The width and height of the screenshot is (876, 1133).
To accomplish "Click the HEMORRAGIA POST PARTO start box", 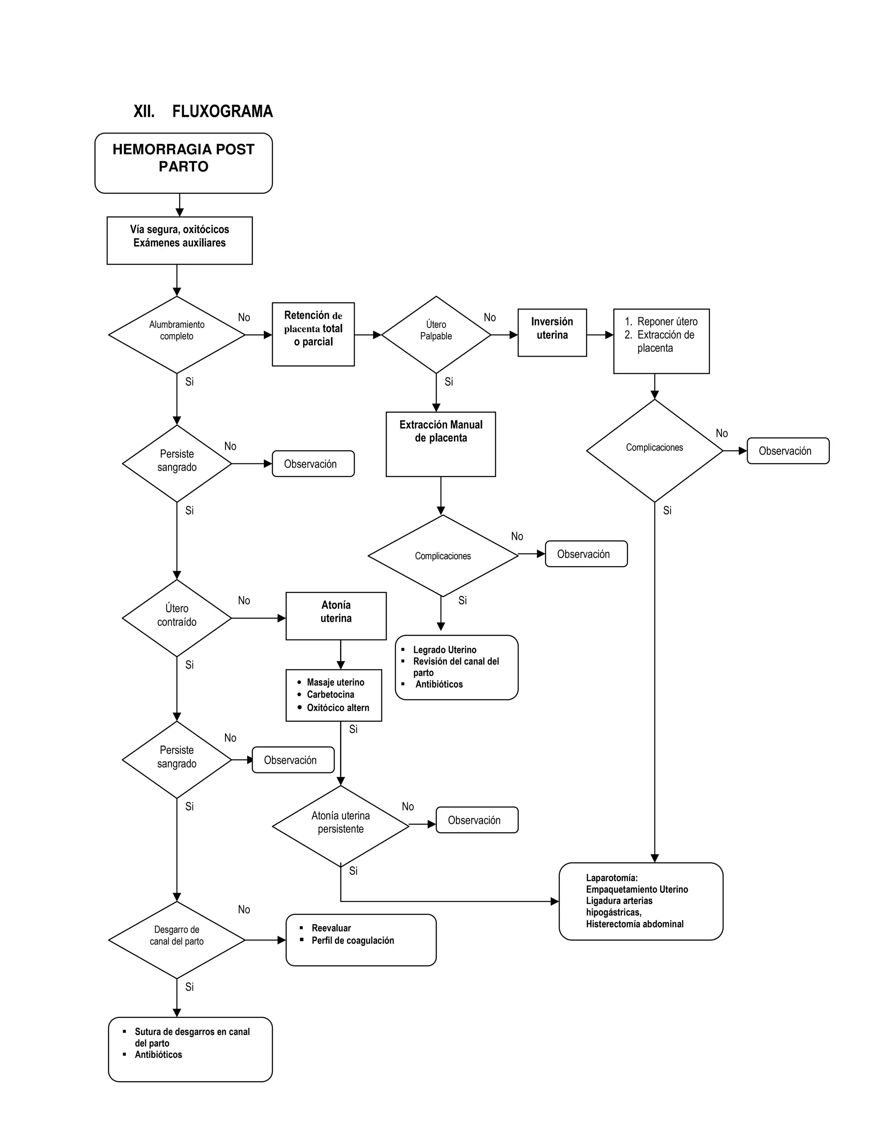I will [x=183, y=163].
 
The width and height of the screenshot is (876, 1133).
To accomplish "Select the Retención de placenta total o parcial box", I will [x=313, y=333].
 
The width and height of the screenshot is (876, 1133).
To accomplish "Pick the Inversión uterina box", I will [x=552, y=332].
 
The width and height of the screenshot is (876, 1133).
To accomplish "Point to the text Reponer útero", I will [x=667, y=321].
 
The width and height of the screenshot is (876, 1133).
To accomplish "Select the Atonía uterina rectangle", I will [x=336, y=615].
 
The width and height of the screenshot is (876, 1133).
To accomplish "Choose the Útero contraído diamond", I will [x=177, y=617].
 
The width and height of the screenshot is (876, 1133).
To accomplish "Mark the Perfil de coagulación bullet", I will [x=352, y=940].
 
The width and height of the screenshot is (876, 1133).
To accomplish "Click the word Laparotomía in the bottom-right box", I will [x=611, y=877].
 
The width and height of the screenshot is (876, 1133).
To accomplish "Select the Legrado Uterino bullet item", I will [x=444, y=649].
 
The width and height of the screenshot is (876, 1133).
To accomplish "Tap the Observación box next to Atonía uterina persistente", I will [x=476, y=820].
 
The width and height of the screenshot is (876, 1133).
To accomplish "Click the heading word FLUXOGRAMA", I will [x=222, y=111].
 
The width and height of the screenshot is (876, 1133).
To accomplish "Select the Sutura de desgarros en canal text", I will [x=192, y=1031].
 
